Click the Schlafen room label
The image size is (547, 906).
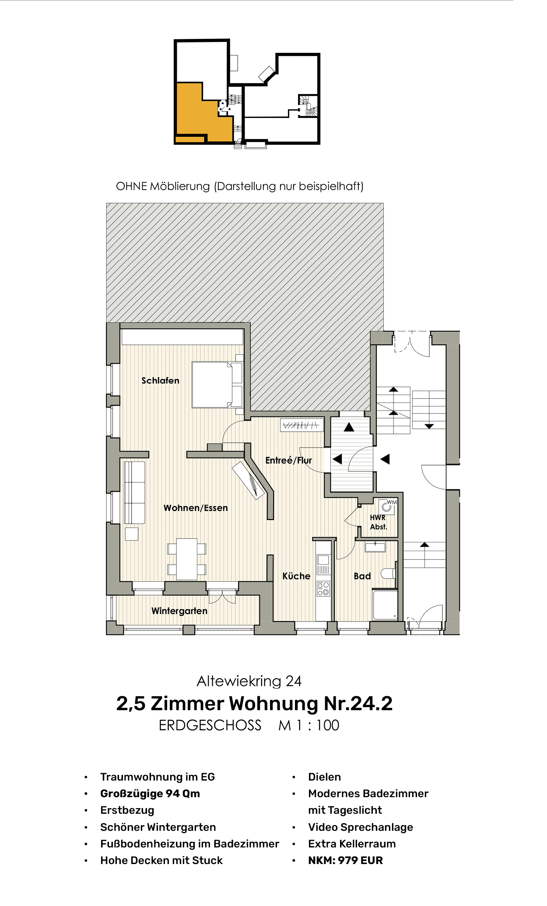click(160, 381)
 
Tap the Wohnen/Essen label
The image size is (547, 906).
click(196, 508)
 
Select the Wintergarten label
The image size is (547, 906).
click(179, 611)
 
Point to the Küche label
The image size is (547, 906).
click(296, 576)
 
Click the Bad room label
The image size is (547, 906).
click(362, 576)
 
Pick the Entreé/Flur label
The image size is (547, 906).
click(288, 460)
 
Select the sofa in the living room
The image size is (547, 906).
click(134, 492)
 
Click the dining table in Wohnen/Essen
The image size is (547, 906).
click(187, 559)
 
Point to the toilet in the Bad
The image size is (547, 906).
click(388, 573)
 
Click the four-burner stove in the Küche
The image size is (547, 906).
click(323, 588)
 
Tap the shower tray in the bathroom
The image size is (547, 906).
click(385, 605)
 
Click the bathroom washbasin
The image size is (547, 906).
click(375, 546)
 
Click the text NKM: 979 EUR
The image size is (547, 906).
click(345, 860)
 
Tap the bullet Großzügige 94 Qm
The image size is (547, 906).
click(150, 793)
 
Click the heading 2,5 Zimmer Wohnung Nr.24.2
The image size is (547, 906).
click(254, 704)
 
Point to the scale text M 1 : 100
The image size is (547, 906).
click(309, 725)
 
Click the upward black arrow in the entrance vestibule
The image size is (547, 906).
click(349, 427)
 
